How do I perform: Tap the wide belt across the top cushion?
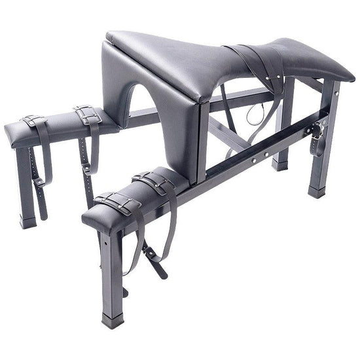(259, 62)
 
